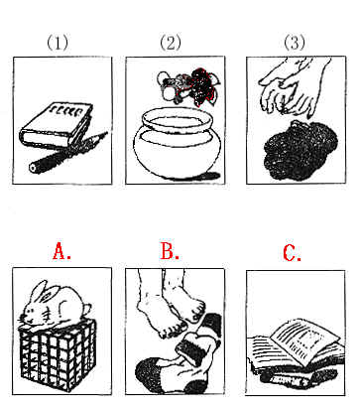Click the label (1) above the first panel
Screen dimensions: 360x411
tap(58, 43)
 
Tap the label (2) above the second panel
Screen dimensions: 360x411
tap(171, 43)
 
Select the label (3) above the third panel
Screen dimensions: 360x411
tap(295, 43)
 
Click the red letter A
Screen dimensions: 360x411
tap(61, 251)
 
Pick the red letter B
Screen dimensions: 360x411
tap(170, 251)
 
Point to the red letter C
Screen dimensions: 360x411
tap(293, 253)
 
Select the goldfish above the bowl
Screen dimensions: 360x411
tap(189, 86)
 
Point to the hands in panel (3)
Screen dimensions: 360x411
tap(294, 86)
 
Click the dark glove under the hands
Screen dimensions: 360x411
tap(300, 150)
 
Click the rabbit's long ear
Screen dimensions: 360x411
tap(38, 292)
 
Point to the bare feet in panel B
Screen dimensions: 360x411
tap(170, 301)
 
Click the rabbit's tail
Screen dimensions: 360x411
tap(86, 309)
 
